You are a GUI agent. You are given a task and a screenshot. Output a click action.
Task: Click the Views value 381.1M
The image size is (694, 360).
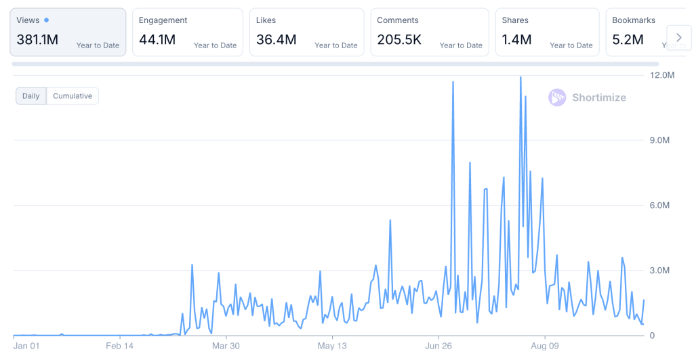click(x=37, y=40)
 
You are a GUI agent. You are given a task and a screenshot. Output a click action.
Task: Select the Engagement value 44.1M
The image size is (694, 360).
click(x=157, y=40)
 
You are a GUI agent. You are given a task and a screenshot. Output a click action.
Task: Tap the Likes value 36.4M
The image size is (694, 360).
click(x=276, y=40)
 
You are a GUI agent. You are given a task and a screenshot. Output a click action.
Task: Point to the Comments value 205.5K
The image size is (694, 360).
click(x=399, y=40)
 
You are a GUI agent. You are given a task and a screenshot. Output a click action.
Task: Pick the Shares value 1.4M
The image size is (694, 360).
click(x=516, y=40)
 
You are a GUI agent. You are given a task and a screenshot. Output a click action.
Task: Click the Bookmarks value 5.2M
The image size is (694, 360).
click(x=628, y=40)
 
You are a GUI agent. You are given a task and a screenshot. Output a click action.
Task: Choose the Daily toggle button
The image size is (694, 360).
click(x=31, y=96)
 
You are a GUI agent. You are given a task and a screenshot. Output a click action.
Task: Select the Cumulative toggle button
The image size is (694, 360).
click(x=73, y=96)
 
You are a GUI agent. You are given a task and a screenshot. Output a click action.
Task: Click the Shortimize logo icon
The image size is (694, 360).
click(x=557, y=98)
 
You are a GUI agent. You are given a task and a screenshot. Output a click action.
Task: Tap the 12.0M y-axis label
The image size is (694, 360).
click(x=662, y=75)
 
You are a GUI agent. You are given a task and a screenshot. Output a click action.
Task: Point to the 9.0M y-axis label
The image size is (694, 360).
click(x=659, y=140)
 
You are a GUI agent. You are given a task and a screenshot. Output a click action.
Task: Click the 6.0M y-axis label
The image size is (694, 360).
click(x=659, y=205)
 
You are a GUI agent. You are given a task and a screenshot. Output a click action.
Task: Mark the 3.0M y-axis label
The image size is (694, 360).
click(x=659, y=271)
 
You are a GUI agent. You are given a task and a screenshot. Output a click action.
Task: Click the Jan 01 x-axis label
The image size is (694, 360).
click(x=26, y=346)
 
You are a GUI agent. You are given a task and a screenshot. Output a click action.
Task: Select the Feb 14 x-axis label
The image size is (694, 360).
click(x=120, y=346)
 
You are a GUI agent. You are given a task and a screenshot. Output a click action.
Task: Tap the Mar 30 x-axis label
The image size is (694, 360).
click(x=226, y=346)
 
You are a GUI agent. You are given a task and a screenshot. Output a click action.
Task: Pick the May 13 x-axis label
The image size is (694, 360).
click(x=332, y=346)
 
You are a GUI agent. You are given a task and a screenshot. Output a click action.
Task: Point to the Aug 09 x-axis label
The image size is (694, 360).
click(x=544, y=346)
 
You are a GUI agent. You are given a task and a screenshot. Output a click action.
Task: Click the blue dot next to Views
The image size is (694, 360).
click(x=46, y=20)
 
